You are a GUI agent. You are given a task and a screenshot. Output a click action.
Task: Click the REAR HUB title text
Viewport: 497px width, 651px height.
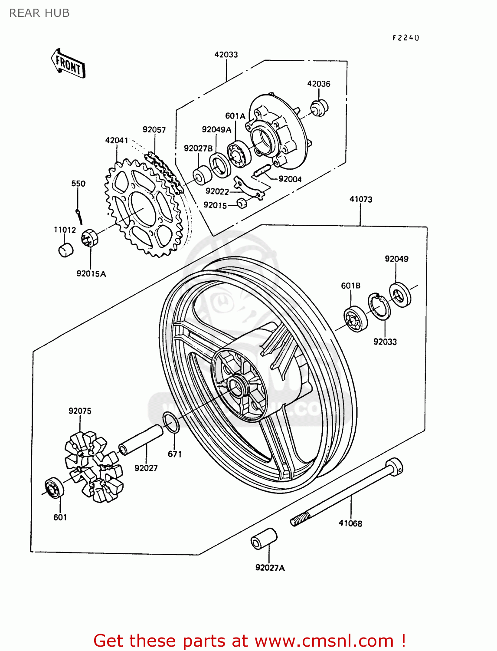(39, 13)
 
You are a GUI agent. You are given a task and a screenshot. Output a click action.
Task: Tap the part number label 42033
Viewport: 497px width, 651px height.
(226, 54)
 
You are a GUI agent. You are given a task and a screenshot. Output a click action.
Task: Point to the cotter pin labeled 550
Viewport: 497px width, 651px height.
(79, 216)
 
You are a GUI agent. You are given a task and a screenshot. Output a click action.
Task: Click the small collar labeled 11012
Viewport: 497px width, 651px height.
(65, 250)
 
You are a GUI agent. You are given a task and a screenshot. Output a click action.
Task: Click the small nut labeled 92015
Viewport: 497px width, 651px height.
(242, 203)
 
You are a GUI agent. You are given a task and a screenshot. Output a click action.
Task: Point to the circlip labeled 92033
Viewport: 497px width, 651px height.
(379, 307)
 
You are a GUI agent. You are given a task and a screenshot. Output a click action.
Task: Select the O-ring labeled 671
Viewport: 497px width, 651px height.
(171, 423)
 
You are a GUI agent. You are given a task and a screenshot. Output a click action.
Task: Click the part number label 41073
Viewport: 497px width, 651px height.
(361, 199)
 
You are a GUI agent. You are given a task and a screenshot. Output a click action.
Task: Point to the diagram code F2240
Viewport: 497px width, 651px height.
(405, 38)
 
